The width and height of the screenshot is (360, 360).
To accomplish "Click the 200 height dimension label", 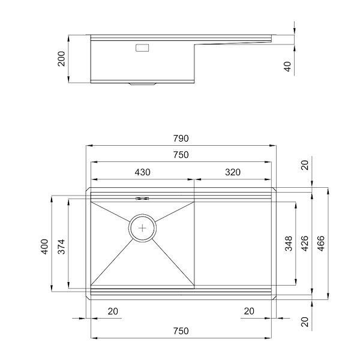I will [x=62, y=59].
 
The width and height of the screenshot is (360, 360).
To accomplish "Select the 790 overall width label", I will [x=181, y=138].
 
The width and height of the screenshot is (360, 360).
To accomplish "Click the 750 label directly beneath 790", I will [x=181, y=155].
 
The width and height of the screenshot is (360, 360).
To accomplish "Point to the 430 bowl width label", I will [x=142, y=172].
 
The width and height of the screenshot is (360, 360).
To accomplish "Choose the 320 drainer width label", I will [x=232, y=172].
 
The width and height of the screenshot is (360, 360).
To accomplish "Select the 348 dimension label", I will [x=289, y=244].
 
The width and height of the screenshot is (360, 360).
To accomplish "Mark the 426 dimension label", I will [x=305, y=244].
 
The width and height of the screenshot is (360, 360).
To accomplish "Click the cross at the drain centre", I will [x=143, y=228].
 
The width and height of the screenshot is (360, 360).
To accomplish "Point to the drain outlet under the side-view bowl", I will [x=143, y=85].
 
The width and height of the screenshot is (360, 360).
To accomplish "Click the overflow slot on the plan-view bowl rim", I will [x=142, y=199].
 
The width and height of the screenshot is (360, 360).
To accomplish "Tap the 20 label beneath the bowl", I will [x=112, y=311].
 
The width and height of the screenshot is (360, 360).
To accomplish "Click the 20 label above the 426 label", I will [x=305, y=166].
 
